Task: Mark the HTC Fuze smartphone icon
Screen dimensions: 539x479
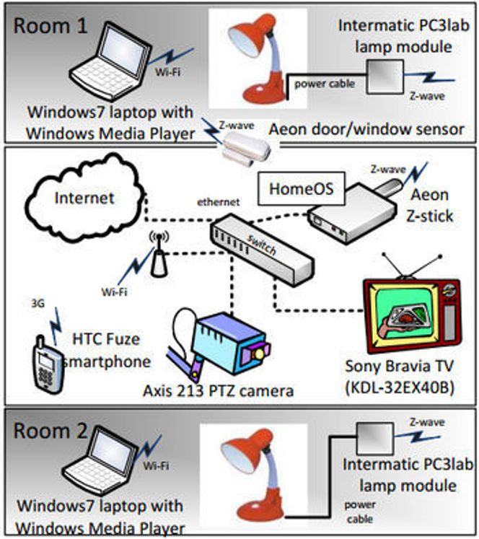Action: [45, 361]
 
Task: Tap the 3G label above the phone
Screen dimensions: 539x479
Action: [38, 304]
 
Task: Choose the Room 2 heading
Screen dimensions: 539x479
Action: [50, 433]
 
